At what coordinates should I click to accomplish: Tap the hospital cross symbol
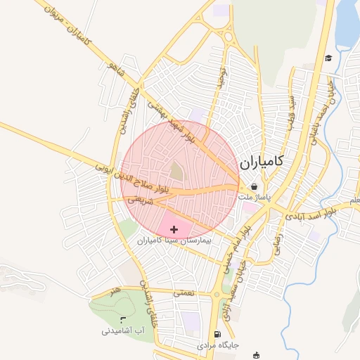coord(174,229)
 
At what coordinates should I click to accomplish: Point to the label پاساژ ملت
coord(255,198)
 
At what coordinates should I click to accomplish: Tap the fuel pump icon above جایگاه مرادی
coord(217,334)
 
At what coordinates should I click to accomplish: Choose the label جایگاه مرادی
coord(218,345)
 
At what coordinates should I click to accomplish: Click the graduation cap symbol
coord(328,58)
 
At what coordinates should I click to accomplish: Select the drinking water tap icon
coord(124,320)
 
